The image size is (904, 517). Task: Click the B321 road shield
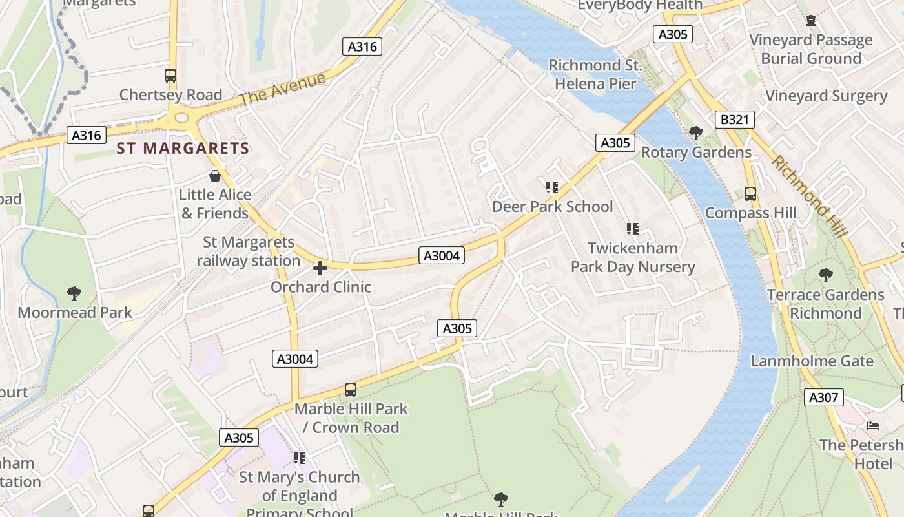tap(735, 120)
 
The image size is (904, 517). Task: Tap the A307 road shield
tap(824, 397)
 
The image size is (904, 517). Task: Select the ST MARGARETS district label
tap(183, 149)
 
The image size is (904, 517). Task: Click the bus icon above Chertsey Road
tap(170, 76)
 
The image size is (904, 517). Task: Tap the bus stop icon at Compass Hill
tap(750, 193)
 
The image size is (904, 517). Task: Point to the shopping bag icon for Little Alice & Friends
tap(215, 176)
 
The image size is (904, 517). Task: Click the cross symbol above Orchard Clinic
tap(320, 268)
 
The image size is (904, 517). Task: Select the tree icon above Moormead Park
tap(74, 293)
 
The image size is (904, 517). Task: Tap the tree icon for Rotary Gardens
tap(695, 133)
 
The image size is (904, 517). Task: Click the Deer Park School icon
tap(551, 187)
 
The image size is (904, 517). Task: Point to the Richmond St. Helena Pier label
tap(595, 74)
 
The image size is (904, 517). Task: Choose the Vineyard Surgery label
tap(826, 96)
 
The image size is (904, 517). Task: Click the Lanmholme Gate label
tap(812, 361)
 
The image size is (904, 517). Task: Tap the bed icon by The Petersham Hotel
tap(873, 426)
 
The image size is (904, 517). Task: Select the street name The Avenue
tap(283, 90)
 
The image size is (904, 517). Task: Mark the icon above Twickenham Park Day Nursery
tap(632, 229)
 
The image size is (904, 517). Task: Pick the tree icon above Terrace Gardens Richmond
tap(825, 275)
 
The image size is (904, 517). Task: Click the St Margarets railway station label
tap(249, 251)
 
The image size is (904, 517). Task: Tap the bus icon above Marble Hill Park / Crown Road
tap(351, 390)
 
